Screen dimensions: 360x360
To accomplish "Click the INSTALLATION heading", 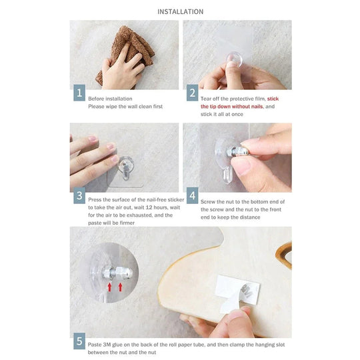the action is click(180, 12).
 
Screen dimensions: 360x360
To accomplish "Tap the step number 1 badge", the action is click(79, 93).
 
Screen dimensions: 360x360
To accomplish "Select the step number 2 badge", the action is click(192, 93).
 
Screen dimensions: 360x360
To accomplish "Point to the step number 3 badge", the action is click(79, 195).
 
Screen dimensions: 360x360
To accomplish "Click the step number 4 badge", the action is click(192, 195).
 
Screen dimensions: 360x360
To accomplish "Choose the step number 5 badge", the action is click(79, 341).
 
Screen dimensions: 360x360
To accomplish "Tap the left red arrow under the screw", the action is click(109, 287).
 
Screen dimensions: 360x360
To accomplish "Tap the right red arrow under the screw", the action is click(120, 287).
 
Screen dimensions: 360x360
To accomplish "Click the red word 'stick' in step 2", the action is click(273, 99).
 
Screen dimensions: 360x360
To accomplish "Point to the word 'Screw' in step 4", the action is click(208, 202).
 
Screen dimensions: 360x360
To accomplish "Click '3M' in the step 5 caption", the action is click(107, 345).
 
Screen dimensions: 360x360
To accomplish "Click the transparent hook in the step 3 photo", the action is click(125, 167).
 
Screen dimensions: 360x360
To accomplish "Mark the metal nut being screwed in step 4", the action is click(239, 151).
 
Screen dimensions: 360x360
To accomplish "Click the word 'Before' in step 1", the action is click(95, 99).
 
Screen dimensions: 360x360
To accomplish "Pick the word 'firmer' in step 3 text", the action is click(127, 223).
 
